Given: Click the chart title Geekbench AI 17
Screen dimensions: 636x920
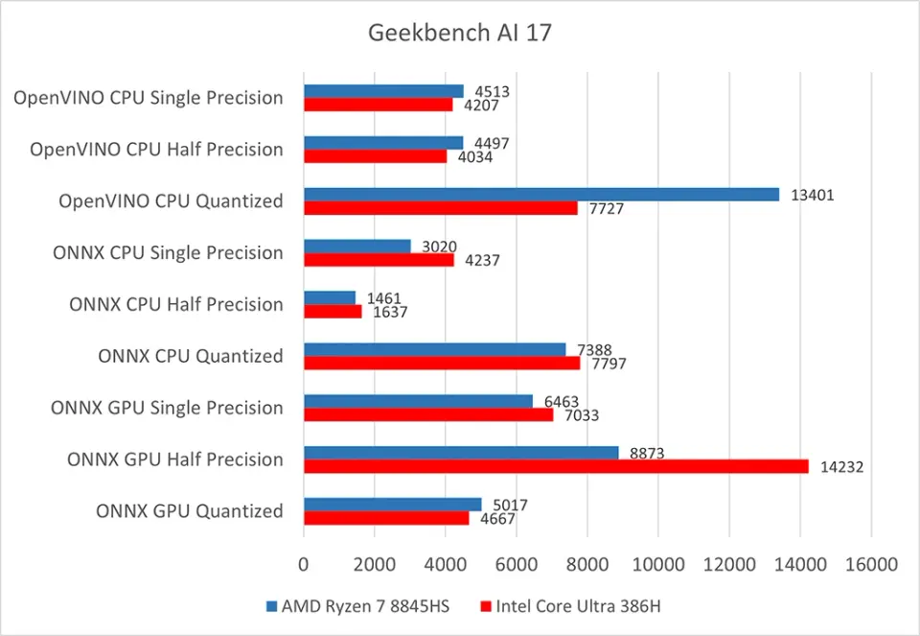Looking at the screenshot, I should point(460,33).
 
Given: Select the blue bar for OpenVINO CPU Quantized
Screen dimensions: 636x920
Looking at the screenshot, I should point(541,195).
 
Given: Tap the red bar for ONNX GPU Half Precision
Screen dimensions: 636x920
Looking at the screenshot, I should point(556,466).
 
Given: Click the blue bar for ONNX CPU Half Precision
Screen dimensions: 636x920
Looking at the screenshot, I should point(330,297).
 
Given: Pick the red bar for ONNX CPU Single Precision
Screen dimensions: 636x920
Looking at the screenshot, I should point(379,259).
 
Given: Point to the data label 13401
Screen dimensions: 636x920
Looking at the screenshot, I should point(811,195).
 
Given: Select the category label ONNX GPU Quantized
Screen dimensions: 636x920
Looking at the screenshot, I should point(189,511).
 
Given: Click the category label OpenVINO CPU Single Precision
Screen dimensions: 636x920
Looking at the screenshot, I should point(148,98).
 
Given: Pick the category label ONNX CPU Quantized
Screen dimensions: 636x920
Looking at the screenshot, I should point(190,356).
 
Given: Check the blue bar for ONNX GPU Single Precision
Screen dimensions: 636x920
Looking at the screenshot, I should point(418,401).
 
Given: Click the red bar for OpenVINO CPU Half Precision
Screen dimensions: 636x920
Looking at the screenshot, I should point(376,155).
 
